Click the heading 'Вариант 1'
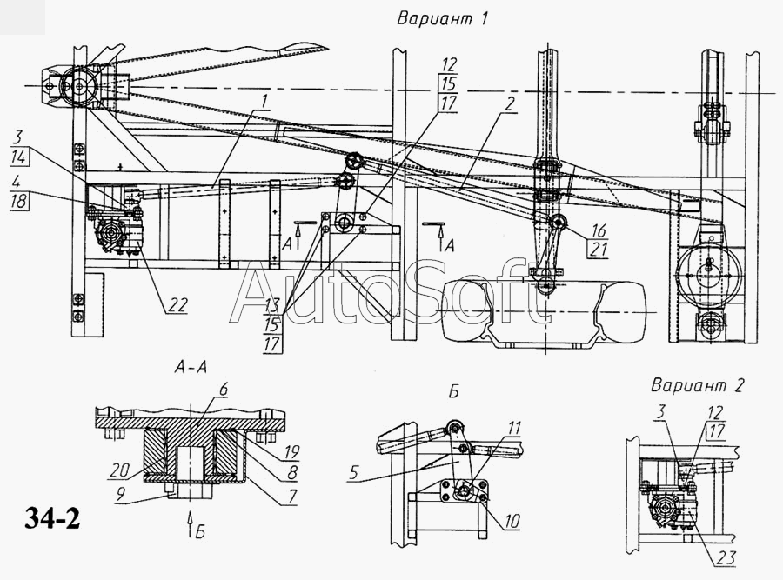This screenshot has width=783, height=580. (x=442, y=19)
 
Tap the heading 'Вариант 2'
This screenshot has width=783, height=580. (x=697, y=385)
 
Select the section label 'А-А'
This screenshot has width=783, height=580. (x=191, y=368)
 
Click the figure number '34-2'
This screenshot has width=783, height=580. (x=52, y=519)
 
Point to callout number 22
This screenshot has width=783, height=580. (x=178, y=304)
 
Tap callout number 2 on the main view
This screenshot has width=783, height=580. (x=509, y=104)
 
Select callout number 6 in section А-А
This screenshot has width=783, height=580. (x=223, y=390)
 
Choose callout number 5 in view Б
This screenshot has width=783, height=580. (x=353, y=472)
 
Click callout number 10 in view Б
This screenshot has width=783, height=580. (x=512, y=521)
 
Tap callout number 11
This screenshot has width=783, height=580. (x=514, y=428)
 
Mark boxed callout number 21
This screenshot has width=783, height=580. (x=599, y=249)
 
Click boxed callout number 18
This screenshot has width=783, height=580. (x=19, y=201)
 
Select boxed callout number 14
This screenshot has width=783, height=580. (x=18, y=157)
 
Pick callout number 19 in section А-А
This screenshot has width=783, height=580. (x=291, y=452)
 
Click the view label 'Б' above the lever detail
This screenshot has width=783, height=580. (x=453, y=392)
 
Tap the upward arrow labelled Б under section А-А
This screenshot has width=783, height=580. (x=190, y=524)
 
